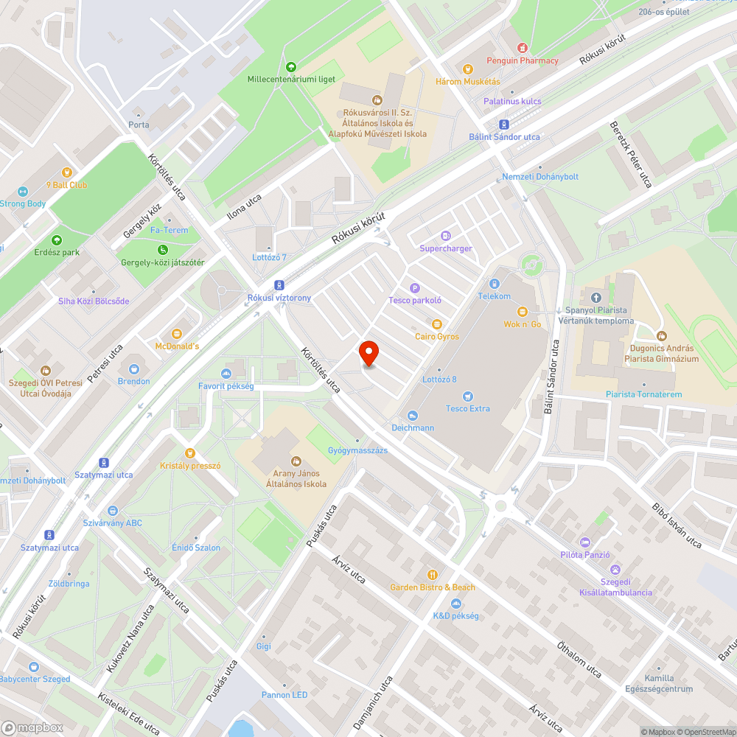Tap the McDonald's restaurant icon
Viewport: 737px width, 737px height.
177,333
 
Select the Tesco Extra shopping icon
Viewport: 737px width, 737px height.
468,396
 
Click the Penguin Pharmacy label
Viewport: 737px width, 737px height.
523,60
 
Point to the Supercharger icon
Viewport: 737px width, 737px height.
445,236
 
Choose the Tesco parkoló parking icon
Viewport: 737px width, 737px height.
415,287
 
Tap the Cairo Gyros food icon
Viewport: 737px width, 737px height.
436,324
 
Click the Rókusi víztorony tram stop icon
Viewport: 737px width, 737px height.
279,285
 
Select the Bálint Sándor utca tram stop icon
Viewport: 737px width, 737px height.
504,125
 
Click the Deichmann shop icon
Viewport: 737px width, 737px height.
412,415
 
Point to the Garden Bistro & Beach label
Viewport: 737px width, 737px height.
433,587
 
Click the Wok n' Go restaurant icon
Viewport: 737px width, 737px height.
523,311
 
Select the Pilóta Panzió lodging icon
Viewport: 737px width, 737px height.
585,542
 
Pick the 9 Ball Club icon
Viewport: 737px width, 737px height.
66,172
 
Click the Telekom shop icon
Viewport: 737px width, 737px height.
494,283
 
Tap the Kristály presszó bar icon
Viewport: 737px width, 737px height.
190,453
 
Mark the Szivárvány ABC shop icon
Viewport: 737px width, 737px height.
112,510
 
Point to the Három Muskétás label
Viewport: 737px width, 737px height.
468,81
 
